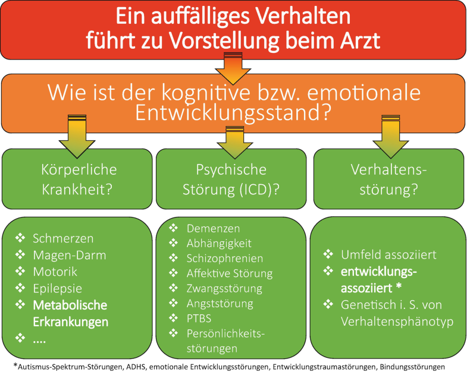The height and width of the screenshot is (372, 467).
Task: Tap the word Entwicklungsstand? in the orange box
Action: [233, 112]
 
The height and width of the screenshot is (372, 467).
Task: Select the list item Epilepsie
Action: [58, 288]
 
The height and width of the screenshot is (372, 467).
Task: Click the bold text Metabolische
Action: [70, 305]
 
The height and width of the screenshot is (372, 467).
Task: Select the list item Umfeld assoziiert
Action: [388, 255]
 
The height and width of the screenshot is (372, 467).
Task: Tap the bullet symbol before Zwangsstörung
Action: [174, 288]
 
